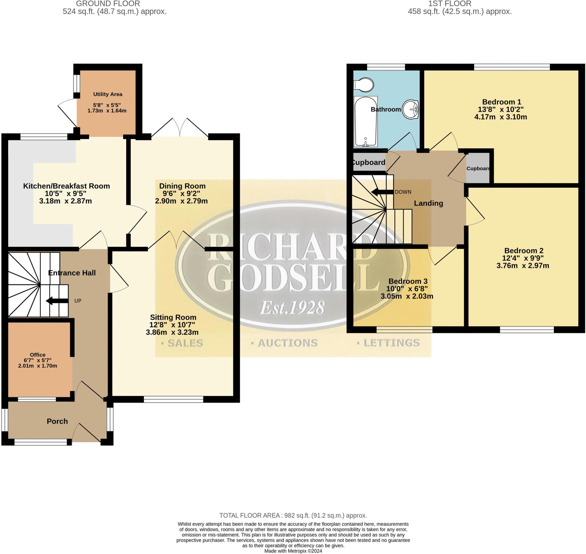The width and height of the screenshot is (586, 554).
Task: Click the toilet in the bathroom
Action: pyautogui.click(x=364, y=84)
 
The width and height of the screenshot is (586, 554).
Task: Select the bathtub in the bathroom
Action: pyautogui.click(x=366, y=122)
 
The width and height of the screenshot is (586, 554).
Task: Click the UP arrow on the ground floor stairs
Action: pyautogui.click(x=57, y=301)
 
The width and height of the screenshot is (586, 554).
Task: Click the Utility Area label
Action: pyautogui.click(x=108, y=94)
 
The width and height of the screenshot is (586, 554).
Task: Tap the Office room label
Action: pyautogui.click(x=37, y=355)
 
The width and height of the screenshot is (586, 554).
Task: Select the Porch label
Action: pyautogui.click(x=57, y=421)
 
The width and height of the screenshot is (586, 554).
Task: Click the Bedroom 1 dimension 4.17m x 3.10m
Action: pyautogui.click(x=501, y=117)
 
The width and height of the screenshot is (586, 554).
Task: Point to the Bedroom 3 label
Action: pyautogui.click(x=408, y=281)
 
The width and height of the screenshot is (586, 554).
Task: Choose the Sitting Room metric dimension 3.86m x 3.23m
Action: pyautogui.click(x=172, y=332)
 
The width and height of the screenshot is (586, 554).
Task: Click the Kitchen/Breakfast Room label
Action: pyautogui.click(x=66, y=186)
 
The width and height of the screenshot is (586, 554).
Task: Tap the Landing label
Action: pyautogui.click(x=428, y=203)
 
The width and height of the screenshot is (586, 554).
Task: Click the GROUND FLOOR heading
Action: pyautogui.click(x=108, y=3)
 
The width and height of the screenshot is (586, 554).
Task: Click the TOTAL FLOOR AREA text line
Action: pyautogui.click(x=293, y=516)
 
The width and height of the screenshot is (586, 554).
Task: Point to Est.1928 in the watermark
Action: pyautogui.click(x=292, y=308)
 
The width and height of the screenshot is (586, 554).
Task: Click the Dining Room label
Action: pyautogui.click(x=182, y=186)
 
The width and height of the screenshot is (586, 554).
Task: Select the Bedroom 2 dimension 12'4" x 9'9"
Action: pyautogui.click(x=524, y=258)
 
